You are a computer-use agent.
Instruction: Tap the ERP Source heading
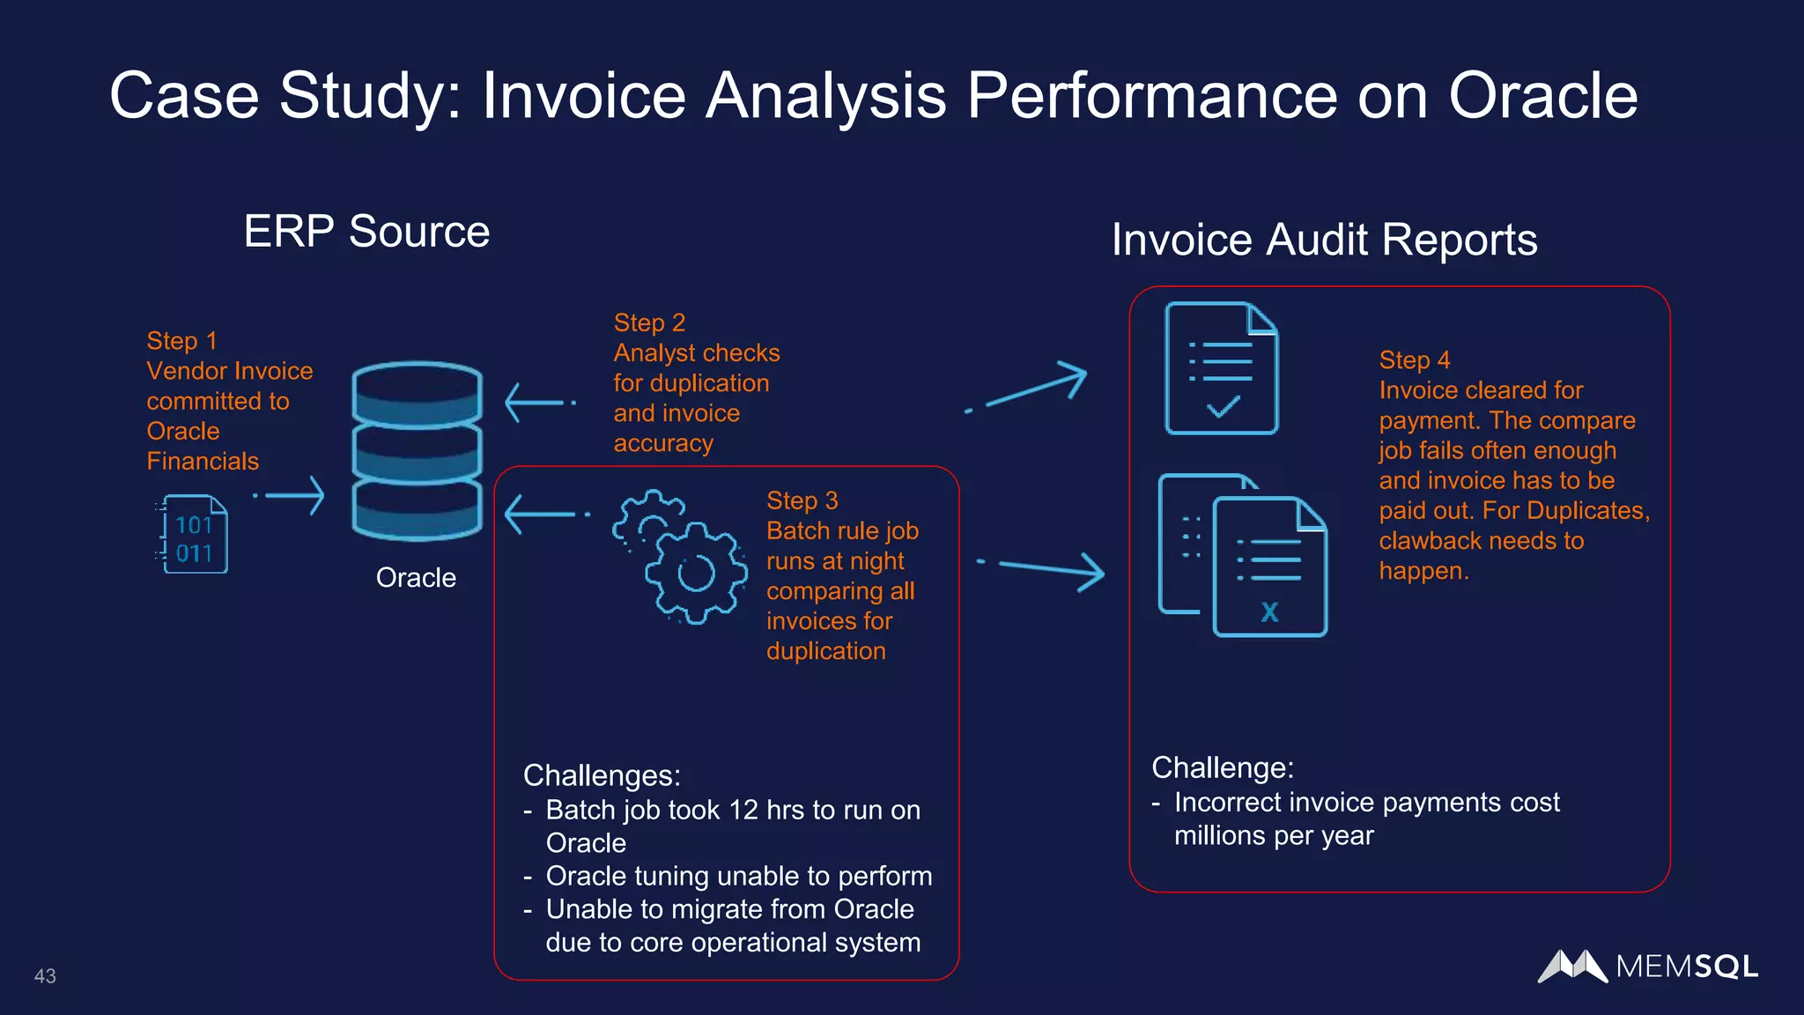(366, 232)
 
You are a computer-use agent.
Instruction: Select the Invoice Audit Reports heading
(1324, 240)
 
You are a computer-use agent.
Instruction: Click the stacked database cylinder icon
(417, 450)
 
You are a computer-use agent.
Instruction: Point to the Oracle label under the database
(416, 578)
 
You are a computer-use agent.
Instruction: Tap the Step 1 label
(181, 341)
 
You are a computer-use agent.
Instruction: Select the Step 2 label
(649, 322)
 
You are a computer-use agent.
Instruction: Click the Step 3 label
(802, 500)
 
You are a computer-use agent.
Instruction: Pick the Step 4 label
(1414, 360)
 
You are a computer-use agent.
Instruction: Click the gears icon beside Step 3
(680, 557)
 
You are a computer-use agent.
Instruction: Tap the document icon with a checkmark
(1221, 368)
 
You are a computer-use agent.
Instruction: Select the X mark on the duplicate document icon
(1269, 611)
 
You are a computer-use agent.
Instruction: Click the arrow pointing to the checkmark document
(1031, 388)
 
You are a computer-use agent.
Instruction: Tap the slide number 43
(45, 976)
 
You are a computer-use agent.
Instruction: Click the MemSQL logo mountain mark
(1572, 967)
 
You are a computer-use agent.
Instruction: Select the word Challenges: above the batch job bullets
(602, 775)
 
